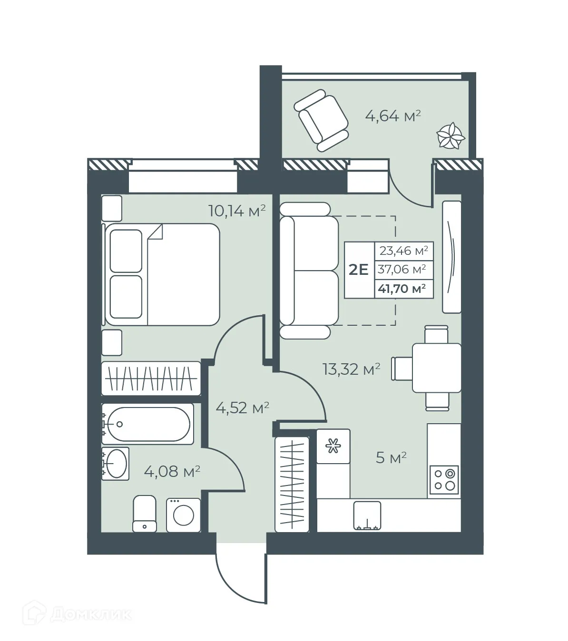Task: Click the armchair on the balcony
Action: pyautogui.click(x=322, y=121)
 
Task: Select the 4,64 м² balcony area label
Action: pyautogui.click(x=393, y=116)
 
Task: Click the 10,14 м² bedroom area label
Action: pyautogui.click(x=236, y=210)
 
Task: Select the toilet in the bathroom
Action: pyautogui.click(x=145, y=514)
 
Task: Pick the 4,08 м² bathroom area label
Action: pyautogui.click(x=172, y=472)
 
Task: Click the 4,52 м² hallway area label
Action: pyautogui.click(x=243, y=408)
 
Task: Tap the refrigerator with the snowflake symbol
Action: pyautogui.click(x=333, y=446)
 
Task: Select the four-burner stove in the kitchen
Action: pyautogui.click(x=445, y=479)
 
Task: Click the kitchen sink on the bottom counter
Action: pyautogui.click(x=367, y=515)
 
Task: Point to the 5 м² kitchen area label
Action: pyautogui.click(x=391, y=458)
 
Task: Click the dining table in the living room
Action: pyautogui.click(x=436, y=368)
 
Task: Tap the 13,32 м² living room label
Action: pyautogui.click(x=352, y=369)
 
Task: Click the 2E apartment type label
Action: pyautogui.click(x=359, y=270)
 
